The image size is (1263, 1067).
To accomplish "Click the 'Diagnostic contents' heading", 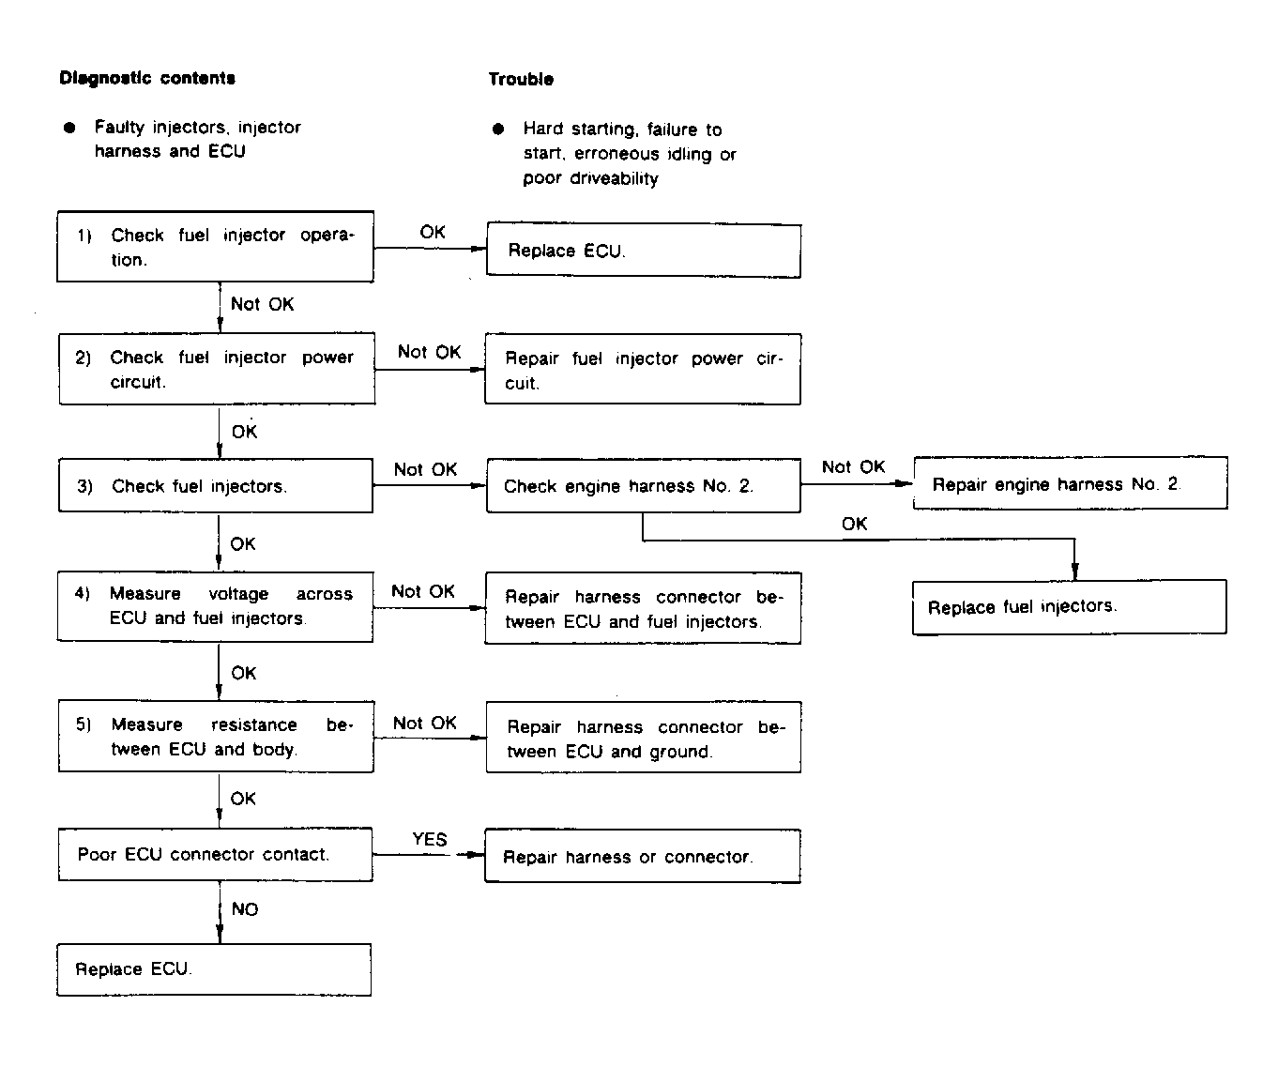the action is point(147,78).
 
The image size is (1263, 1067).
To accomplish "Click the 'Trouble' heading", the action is point(521,79).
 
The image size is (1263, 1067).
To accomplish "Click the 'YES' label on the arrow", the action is point(430,839).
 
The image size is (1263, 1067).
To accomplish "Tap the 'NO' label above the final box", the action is point(245,909).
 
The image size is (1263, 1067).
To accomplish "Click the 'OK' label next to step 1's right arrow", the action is point(433,232).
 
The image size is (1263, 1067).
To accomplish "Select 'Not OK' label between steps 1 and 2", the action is point(263,304).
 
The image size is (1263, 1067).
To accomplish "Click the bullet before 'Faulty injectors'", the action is point(69,128).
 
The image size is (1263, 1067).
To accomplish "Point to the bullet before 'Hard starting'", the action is point(498,129).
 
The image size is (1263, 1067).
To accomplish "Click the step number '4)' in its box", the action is point(83,593).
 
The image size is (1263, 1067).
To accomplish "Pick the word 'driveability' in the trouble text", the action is point(614,178).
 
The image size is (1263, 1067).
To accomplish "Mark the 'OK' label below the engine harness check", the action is point(854,524).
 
